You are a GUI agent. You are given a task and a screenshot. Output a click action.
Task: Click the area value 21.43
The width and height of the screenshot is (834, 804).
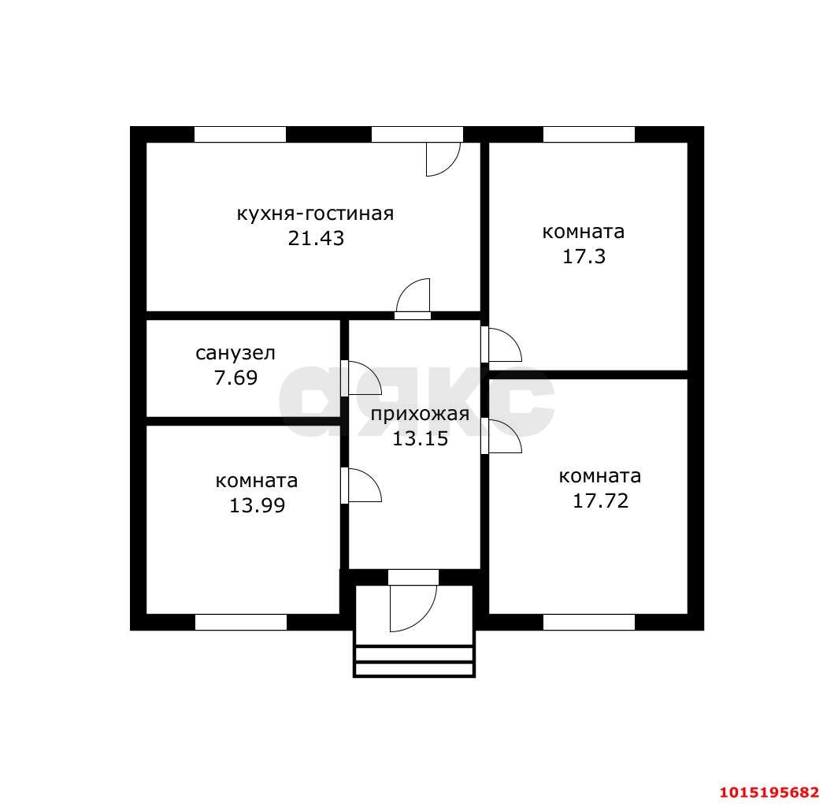pyautogui.click(x=316, y=238)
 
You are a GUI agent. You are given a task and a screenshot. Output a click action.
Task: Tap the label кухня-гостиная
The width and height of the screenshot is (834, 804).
pyautogui.click(x=315, y=214)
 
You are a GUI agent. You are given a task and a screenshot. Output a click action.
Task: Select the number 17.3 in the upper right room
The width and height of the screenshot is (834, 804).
pyautogui.click(x=583, y=256)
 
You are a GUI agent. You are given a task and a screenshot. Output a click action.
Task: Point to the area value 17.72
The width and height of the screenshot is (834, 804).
pyautogui.click(x=600, y=501)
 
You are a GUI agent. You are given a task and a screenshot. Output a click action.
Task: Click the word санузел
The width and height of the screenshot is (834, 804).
pyautogui.click(x=235, y=353)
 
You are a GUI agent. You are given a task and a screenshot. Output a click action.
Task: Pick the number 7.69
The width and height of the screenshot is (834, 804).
pyautogui.click(x=235, y=378)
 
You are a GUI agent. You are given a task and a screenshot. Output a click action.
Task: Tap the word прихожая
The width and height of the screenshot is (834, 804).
pyautogui.click(x=420, y=415)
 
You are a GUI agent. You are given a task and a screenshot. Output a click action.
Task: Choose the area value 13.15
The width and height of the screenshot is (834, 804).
pyautogui.click(x=420, y=439)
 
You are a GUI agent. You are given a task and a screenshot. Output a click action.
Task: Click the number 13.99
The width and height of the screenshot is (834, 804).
pyautogui.click(x=257, y=505)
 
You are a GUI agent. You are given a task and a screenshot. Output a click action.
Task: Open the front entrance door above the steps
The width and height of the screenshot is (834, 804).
pyautogui.click(x=413, y=603)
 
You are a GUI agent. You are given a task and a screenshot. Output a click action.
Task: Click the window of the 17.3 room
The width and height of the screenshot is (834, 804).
pyautogui.click(x=588, y=135)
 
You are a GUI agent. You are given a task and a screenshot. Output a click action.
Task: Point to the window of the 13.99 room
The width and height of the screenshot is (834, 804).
pyautogui.click(x=240, y=622)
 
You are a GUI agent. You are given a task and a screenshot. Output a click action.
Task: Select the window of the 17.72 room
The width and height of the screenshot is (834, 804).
pyautogui.click(x=588, y=622)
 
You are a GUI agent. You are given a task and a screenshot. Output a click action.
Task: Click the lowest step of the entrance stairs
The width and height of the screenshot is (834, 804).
pyautogui.click(x=413, y=669)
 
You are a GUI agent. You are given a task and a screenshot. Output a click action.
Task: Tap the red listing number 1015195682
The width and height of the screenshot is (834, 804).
pyautogui.click(x=769, y=791)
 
